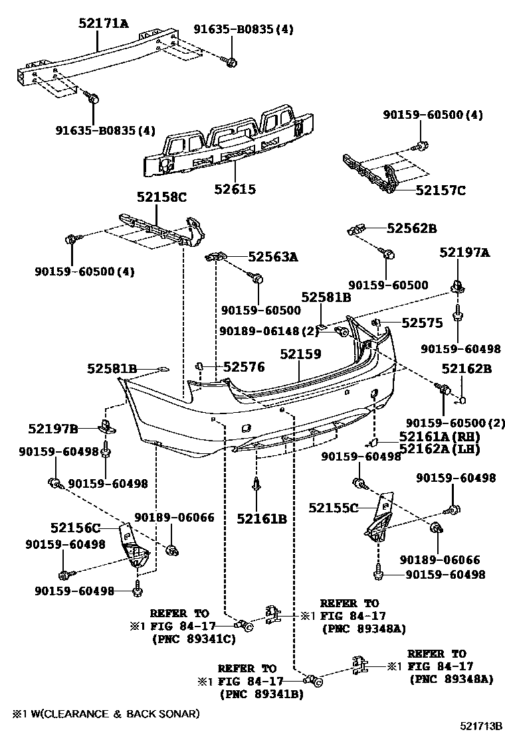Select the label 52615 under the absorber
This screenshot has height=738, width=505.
235,189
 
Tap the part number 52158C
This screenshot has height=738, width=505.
162,197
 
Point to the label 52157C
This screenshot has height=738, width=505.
441,190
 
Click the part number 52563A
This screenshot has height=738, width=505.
273,256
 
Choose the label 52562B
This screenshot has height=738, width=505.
411,229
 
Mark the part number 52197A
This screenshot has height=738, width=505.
464,252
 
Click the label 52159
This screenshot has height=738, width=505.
300,355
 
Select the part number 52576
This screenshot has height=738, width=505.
244,366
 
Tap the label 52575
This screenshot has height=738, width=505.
422,323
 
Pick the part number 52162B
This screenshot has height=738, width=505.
466,369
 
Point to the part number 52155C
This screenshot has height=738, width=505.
333,508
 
